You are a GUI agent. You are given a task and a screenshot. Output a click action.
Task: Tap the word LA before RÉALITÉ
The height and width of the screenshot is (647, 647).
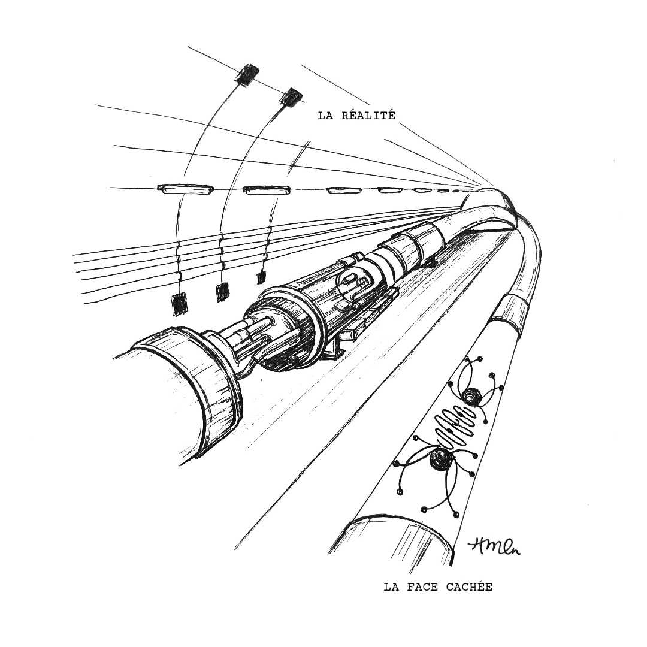point(325,116)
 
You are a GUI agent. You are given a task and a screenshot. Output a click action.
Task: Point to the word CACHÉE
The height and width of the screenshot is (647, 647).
point(469,587)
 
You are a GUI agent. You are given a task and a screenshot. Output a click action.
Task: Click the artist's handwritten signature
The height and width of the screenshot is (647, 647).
point(494,545)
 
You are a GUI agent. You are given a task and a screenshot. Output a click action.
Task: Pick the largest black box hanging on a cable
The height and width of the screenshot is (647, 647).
point(178,303)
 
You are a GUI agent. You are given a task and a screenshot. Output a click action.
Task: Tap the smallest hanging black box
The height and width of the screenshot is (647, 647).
point(261,277)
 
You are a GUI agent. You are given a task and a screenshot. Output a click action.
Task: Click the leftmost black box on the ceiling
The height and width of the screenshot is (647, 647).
point(246,74)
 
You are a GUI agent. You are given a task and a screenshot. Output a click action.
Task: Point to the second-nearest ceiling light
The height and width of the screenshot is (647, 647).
point(267,191)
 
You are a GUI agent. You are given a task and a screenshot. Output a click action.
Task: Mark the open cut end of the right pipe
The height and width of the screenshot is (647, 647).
point(395,539)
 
